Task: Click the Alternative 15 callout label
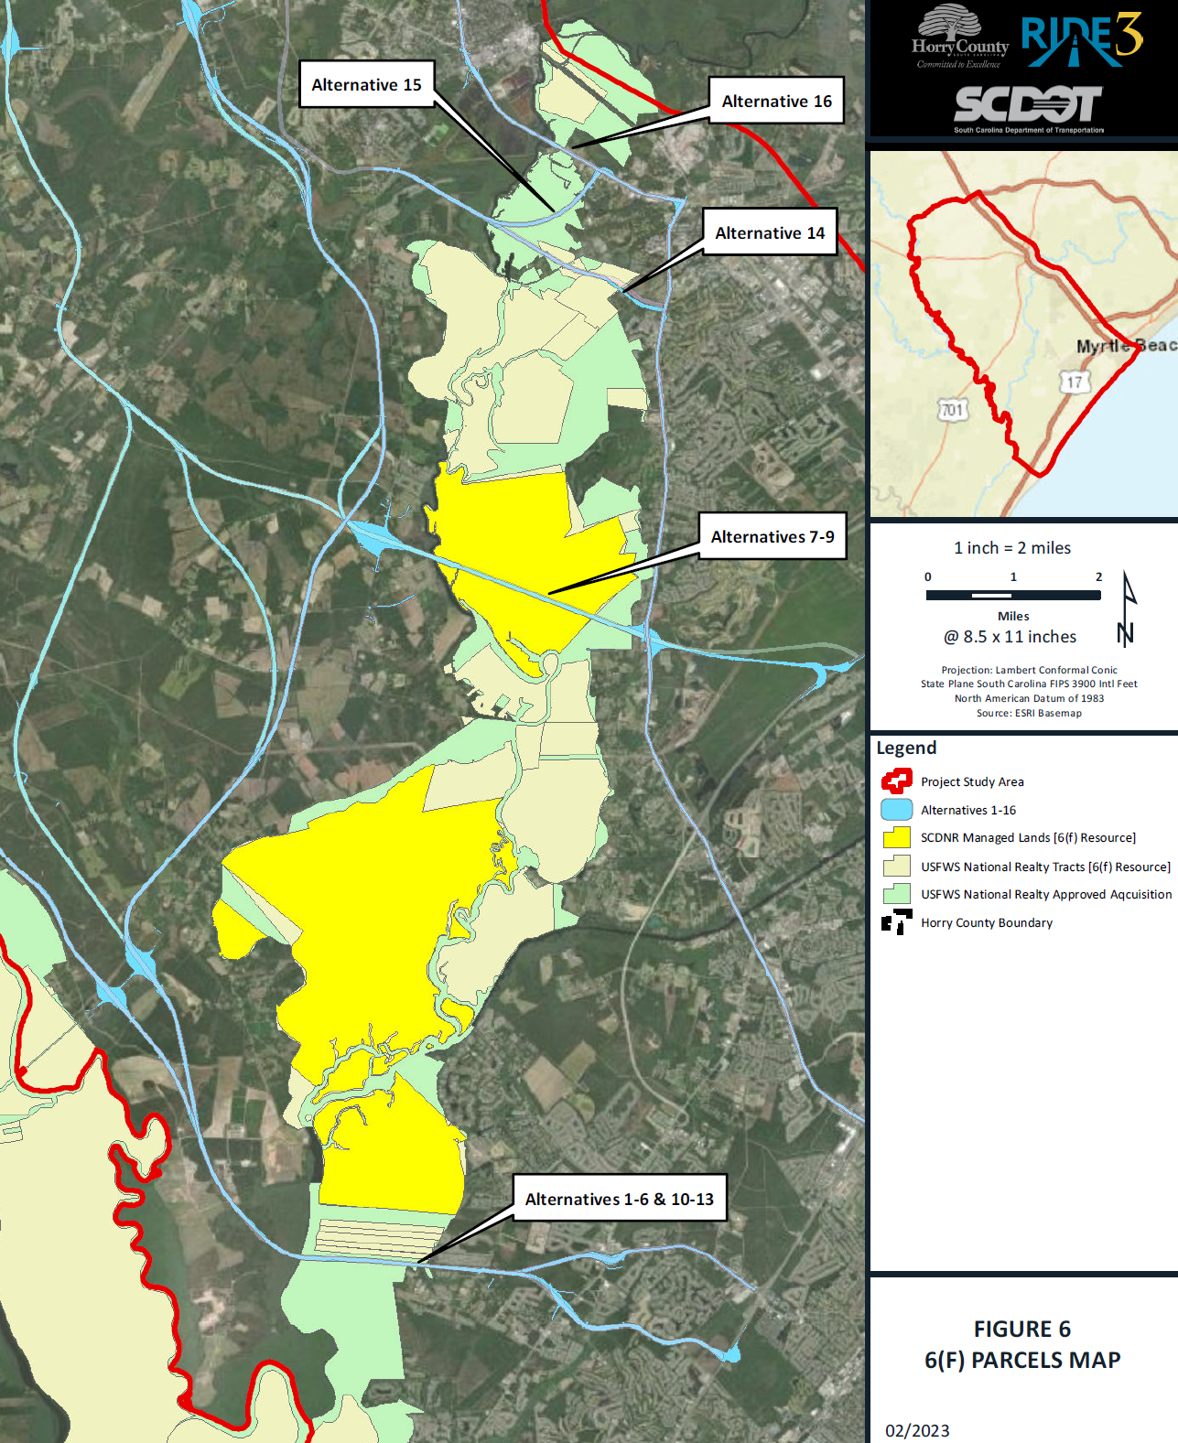click(x=366, y=84)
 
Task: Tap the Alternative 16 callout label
click(x=776, y=101)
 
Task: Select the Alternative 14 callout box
click(x=770, y=232)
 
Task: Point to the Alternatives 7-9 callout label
click(x=773, y=536)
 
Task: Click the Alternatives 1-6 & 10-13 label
click(x=619, y=1199)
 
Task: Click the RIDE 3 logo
click(x=1082, y=41)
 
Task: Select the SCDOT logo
click(x=1028, y=106)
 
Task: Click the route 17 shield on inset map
click(x=1075, y=382)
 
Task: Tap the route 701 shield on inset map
click(x=952, y=410)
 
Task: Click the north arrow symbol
click(x=1128, y=609)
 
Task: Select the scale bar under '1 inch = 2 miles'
click(x=1013, y=595)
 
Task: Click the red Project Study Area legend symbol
click(x=896, y=781)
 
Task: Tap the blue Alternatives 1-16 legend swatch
click(x=896, y=810)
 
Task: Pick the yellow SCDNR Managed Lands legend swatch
click(x=896, y=837)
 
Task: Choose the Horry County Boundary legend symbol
click(x=896, y=922)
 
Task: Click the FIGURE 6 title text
click(x=1021, y=1329)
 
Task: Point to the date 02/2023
click(x=917, y=1430)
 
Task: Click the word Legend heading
click(x=906, y=748)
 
